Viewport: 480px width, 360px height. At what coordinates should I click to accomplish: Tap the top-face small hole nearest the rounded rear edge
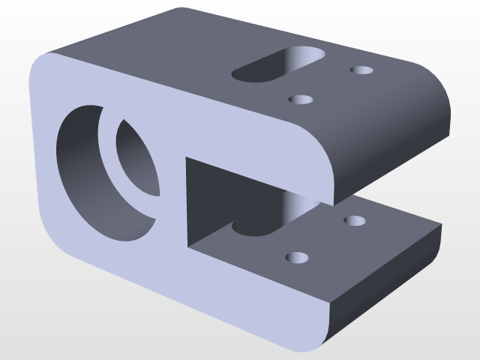pyautogui.click(x=362, y=70)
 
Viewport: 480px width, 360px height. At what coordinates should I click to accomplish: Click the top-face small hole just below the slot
pyautogui.click(x=301, y=99)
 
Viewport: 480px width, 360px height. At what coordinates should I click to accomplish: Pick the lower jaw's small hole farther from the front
pyautogui.click(x=354, y=221)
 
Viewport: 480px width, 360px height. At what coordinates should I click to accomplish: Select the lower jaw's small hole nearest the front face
pyautogui.click(x=297, y=258)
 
